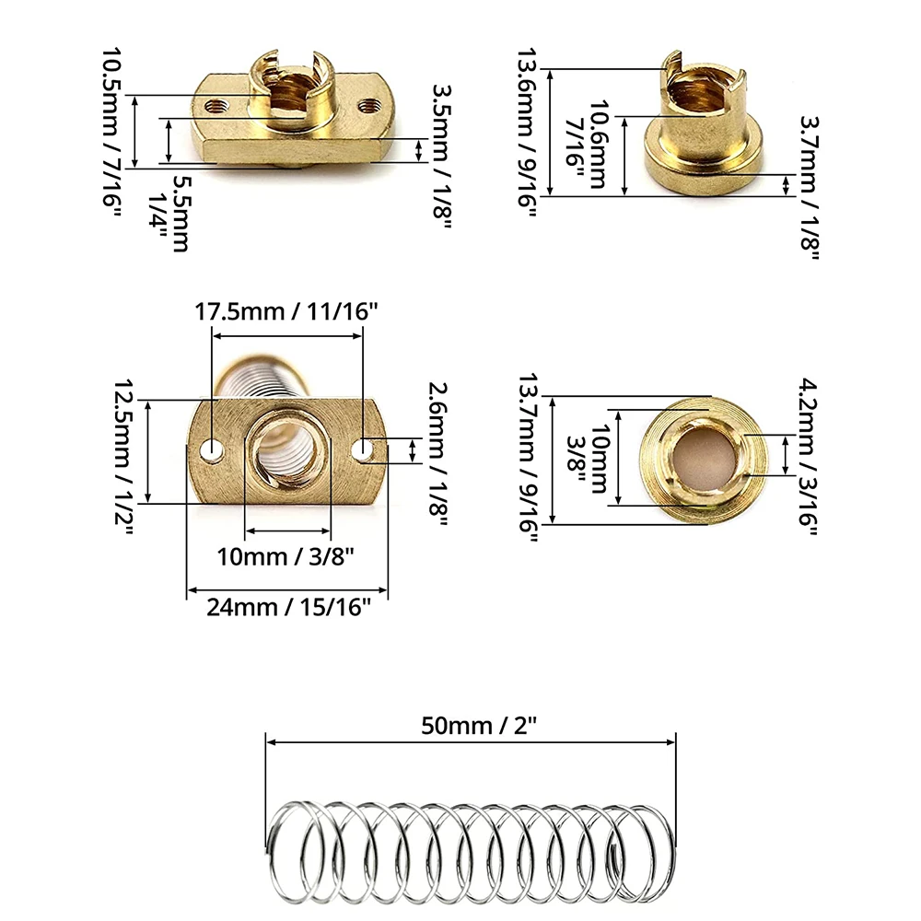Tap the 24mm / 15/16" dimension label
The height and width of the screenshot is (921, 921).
pyautogui.click(x=286, y=607)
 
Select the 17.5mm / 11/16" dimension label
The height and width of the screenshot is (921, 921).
pyautogui.click(x=286, y=311)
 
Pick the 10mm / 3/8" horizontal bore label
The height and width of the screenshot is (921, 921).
pyautogui.click(x=286, y=556)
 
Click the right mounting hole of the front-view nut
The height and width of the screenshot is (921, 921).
pyautogui.click(x=367, y=450)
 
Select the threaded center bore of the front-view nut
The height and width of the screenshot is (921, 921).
pyautogui.click(x=288, y=454)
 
